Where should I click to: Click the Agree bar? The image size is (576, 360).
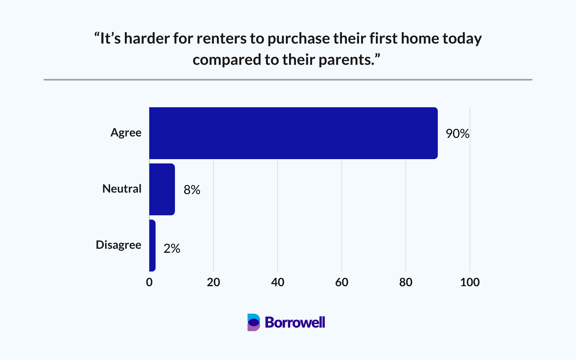(293, 133)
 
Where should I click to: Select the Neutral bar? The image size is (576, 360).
(162, 189)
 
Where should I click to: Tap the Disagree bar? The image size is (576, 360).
(152, 246)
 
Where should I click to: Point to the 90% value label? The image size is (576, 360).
(458, 134)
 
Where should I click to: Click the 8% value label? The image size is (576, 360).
(192, 190)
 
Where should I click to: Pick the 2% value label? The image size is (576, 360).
(172, 248)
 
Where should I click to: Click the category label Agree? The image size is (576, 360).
(126, 133)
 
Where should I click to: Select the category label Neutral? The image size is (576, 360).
(122, 189)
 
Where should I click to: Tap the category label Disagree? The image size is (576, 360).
(118, 245)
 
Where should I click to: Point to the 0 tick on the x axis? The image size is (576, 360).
(149, 282)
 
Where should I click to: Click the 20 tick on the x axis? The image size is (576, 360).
(213, 282)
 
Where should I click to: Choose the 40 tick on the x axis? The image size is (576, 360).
(278, 282)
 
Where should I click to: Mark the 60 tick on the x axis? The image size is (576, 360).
(342, 282)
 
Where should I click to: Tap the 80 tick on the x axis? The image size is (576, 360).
(406, 282)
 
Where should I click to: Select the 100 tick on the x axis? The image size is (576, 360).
(470, 282)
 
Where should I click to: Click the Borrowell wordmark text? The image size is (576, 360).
(295, 322)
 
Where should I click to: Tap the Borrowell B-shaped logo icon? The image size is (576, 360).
(253, 322)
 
